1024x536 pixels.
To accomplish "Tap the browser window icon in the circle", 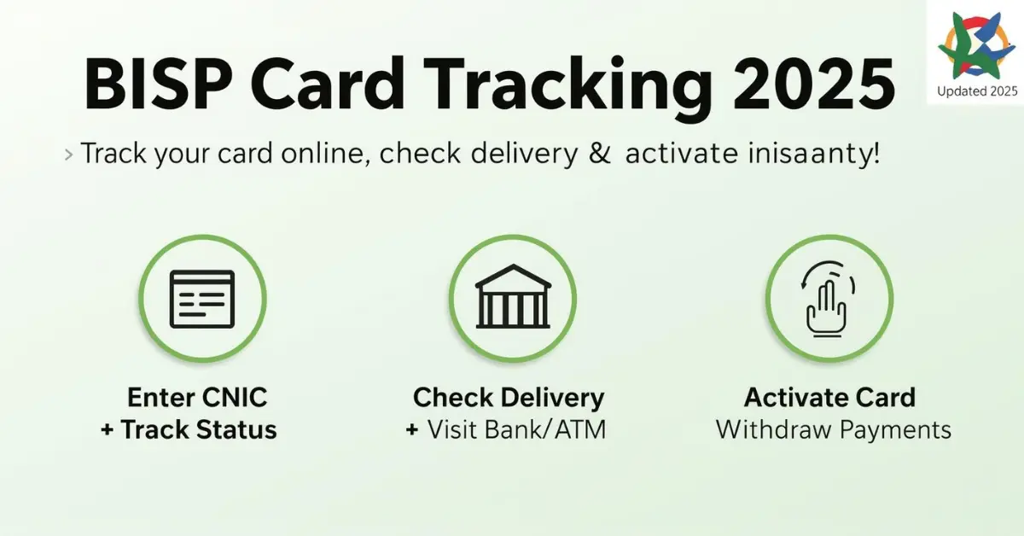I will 202,298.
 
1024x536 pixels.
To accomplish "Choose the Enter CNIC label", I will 197,398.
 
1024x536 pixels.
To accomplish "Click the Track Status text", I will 199,429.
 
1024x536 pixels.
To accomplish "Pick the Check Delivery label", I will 509,398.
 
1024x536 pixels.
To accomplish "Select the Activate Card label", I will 829,398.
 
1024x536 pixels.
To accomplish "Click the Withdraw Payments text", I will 833,429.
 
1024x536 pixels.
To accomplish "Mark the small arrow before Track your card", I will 67,156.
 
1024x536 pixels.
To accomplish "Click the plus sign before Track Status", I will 107,430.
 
